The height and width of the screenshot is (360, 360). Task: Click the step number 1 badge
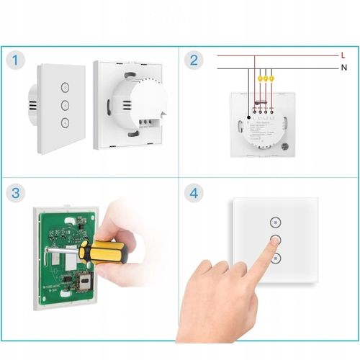[x=17, y=59]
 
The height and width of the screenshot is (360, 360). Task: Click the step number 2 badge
[x=193, y=59]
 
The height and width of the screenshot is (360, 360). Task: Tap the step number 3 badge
[x=17, y=193]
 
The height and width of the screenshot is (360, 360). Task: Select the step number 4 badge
[x=193, y=193]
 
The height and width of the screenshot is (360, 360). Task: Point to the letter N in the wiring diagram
[x=343, y=68]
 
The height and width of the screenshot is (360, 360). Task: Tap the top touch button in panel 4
[x=274, y=222]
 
